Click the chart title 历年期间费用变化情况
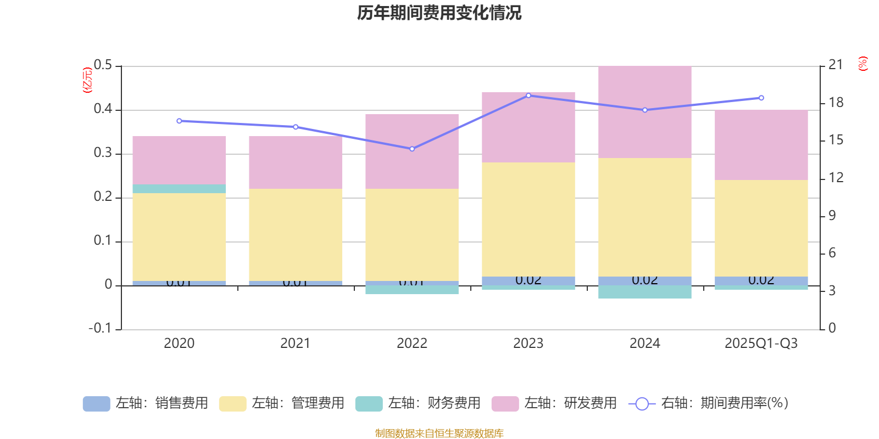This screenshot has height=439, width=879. pyautogui.click(x=439, y=13)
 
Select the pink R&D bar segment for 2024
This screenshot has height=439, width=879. pyautogui.click(x=644, y=112)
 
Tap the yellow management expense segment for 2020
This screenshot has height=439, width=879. pyautogui.click(x=179, y=237)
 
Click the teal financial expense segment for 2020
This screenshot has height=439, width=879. pyautogui.click(x=179, y=188)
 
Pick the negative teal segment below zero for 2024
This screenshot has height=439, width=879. pyautogui.click(x=644, y=292)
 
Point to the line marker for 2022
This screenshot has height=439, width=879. pyautogui.click(x=412, y=149)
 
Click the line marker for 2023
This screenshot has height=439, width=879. pyautogui.click(x=528, y=95)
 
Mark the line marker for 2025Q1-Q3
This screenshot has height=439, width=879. pyautogui.click(x=761, y=98)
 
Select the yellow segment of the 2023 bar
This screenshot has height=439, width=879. pyautogui.click(x=528, y=219)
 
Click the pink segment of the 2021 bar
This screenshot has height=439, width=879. pyautogui.click(x=296, y=162)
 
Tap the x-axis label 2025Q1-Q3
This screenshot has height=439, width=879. pyautogui.click(x=761, y=344)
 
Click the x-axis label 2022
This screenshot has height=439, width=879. pyautogui.click(x=412, y=344)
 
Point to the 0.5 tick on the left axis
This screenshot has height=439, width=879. pyautogui.click(x=103, y=65)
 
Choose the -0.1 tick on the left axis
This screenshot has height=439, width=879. pyautogui.click(x=100, y=328)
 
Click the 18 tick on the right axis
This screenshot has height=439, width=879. pyautogui.click(x=836, y=103)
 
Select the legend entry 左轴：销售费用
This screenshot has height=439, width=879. pyautogui.click(x=146, y=403)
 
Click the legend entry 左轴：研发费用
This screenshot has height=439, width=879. pyautogui.click(x=554, y=403)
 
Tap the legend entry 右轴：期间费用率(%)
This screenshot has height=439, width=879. pyautogui.click(x=709, y=403)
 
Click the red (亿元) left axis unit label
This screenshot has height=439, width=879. pyautogui.click(x=87, y=80)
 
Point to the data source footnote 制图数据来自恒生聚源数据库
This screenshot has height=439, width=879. pyautogui.click(x=439, y=434)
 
